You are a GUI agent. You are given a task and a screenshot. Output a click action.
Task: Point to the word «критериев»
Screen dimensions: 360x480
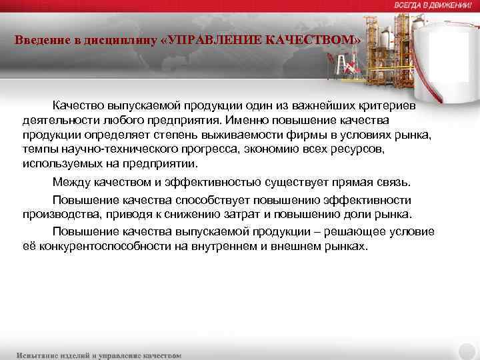[388, 106]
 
